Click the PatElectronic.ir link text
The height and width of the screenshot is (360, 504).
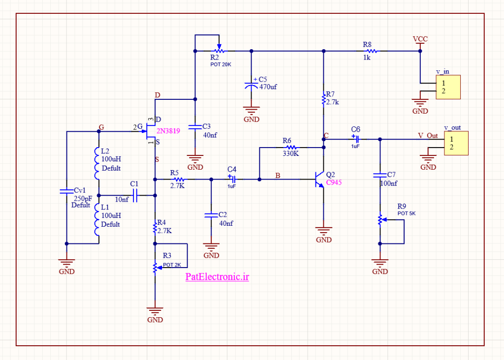pos(217,277)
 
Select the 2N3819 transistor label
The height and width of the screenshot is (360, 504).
pos(168,131)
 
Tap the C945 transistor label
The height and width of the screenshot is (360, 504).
pos(334,182)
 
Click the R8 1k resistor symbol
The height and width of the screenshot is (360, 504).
pos(372,51)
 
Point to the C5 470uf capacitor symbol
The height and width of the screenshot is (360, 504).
pos(252,85)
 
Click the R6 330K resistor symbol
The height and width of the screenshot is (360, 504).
pos(291,148)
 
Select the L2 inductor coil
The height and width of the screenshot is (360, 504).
pos(97,163)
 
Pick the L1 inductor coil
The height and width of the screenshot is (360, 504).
pos(97,219)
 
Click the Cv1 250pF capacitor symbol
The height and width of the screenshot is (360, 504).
pos(66,191)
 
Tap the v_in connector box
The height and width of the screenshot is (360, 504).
pos(448,87)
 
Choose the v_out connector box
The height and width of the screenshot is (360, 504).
pos(456,143)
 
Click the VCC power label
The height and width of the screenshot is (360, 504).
pos(420,39)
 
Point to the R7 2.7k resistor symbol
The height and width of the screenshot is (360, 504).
pos(324,99)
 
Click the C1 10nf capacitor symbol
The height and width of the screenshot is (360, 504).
pos(135,195)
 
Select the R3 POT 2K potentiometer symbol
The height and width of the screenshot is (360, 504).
pos(156,268)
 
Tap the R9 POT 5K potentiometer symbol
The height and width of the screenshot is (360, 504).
pos(380,220)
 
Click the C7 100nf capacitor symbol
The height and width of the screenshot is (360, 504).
pos(380,176)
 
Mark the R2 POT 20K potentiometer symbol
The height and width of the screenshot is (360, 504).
pos(219,50)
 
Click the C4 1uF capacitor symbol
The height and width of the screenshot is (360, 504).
pos(232,179)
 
